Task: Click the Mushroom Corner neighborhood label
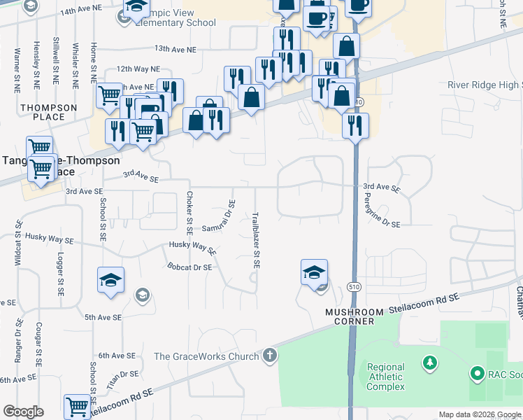355,316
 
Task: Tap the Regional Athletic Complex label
385,377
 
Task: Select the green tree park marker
431,363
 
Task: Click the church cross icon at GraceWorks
270,356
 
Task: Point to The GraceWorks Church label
206,356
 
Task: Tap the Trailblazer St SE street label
257,241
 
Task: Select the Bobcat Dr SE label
189,267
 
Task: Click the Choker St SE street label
189,212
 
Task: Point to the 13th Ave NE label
175,49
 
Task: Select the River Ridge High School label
485,85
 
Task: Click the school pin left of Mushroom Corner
315,272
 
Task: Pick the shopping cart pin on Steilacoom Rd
78,407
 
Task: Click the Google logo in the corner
24,412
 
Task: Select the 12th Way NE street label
138,69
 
